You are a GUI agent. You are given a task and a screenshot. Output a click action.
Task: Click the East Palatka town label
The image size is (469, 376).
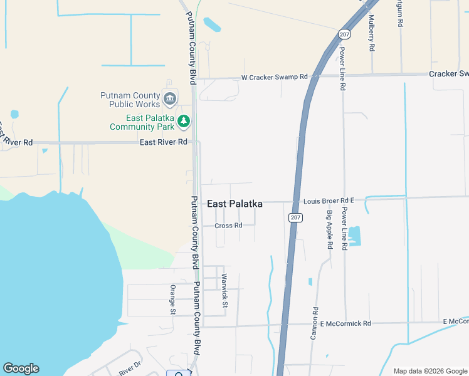click(234, 204)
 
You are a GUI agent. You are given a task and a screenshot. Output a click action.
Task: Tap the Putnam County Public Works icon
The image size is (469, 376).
click(170, 98)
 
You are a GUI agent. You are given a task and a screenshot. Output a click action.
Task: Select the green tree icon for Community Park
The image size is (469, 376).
click(184, 121)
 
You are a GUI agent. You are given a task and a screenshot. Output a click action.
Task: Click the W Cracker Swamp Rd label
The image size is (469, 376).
click(275, 77)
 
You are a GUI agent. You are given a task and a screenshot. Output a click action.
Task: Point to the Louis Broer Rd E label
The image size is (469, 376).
click(329, 201)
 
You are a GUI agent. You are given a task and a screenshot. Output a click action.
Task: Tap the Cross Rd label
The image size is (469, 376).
click(228, 226)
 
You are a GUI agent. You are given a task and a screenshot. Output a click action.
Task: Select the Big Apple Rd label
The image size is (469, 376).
click(329, 229)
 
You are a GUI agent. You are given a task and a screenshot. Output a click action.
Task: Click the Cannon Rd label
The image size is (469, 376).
click(315, 323)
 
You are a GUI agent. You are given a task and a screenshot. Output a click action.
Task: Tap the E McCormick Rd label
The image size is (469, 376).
click(345, 323)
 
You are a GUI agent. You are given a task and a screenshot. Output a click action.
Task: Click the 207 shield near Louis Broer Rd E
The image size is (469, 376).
click(296, 217)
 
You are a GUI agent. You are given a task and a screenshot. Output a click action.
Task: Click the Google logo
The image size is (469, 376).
click(21, 368)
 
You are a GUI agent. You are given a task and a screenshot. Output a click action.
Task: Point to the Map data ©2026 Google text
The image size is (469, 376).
click(429, 371)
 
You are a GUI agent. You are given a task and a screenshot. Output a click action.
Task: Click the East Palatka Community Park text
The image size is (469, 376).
click(141, 122)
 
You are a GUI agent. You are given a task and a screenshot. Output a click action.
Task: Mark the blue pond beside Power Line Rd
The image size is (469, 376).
click(354, 236)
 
